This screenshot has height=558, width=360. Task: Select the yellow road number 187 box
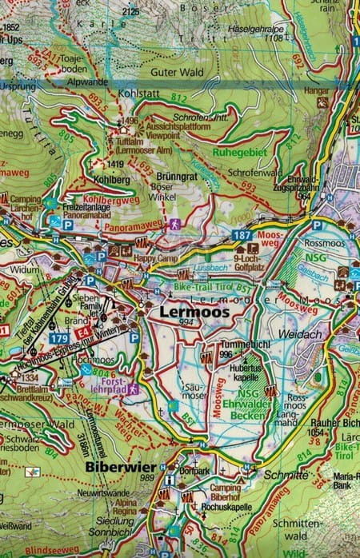[x=243, y=235]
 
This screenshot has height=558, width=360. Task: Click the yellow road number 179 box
[x=57, y=339]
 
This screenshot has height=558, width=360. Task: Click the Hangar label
[x=322, y=90]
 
